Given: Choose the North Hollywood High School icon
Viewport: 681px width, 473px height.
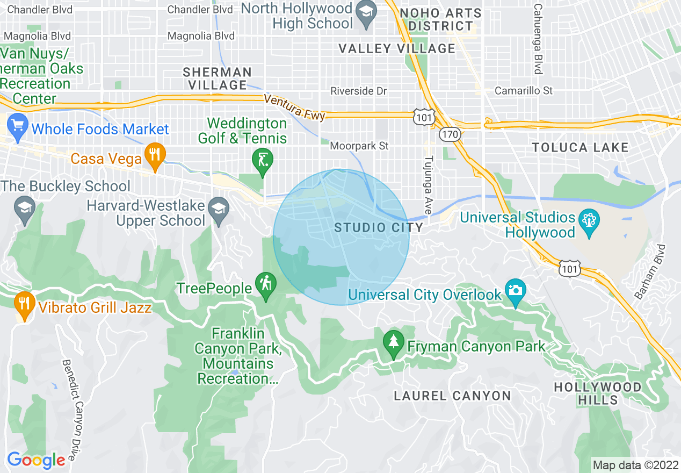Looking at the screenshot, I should pos(367,13).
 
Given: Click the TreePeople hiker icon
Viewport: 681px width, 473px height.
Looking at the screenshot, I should pos(265,284).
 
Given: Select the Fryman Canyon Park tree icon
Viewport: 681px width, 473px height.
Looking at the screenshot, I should pos(394,343).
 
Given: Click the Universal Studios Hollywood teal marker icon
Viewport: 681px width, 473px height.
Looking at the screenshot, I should pos(589,221).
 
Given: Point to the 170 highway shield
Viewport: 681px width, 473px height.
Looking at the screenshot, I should pos(450,134).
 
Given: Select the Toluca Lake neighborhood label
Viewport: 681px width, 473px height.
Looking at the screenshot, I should pos(580,147).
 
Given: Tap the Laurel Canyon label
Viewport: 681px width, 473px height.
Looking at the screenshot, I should pos(452,396).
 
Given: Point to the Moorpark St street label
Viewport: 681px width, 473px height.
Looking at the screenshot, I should pos(359,146).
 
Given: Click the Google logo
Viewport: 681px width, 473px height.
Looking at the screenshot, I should pos(35,460).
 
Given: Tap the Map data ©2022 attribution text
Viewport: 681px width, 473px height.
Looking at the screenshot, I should pos(635,464).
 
